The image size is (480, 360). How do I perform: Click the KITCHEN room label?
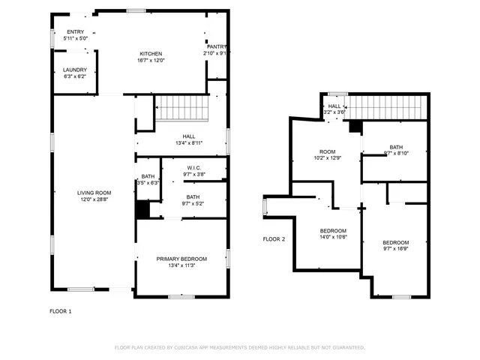(151, 54)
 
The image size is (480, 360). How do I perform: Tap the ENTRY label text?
(75, 31)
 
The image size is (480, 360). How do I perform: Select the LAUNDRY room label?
(74, 70)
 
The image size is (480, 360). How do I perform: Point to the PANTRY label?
(217, 46)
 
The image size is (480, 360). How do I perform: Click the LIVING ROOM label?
(94, 193)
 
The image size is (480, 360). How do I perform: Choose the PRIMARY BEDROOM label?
(181, 259)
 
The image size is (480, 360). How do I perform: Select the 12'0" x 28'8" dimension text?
(94, 199)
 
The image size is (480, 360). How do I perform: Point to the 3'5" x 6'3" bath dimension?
(148, 183)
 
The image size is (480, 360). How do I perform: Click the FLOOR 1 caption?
(61, 310)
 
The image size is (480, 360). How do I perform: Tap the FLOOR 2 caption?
(274, 239)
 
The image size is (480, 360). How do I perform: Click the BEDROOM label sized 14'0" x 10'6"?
(334, 230)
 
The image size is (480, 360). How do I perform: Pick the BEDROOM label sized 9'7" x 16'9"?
(395, 242)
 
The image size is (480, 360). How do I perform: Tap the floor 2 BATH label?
(396, 147)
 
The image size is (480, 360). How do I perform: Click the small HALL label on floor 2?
(334, 106)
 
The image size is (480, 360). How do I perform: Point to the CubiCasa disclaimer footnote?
(239, 347)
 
